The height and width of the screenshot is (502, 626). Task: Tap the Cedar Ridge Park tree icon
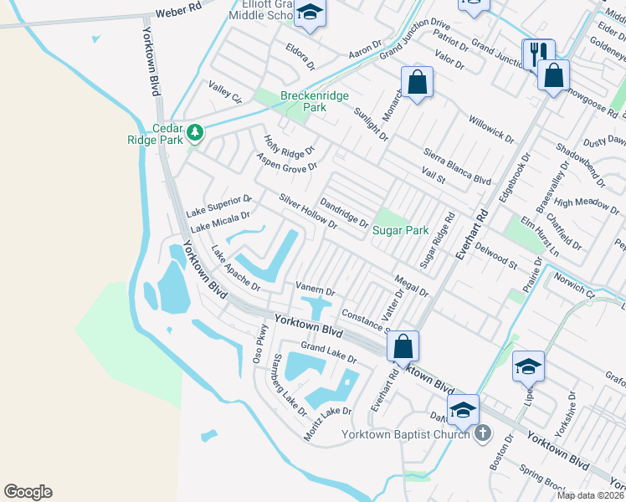coord(195,133)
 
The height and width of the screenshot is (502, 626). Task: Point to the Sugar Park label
coord(400,230)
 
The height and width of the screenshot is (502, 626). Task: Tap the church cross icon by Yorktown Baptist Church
coord(482,433)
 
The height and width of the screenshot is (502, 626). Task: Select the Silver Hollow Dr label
coord(308,212)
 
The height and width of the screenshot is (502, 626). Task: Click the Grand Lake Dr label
coord(329,352)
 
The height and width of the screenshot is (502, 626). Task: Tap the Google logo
coord(28,492)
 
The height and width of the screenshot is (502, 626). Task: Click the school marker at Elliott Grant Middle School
coord(310,14)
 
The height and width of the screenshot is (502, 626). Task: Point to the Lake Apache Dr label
coord(235,267)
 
